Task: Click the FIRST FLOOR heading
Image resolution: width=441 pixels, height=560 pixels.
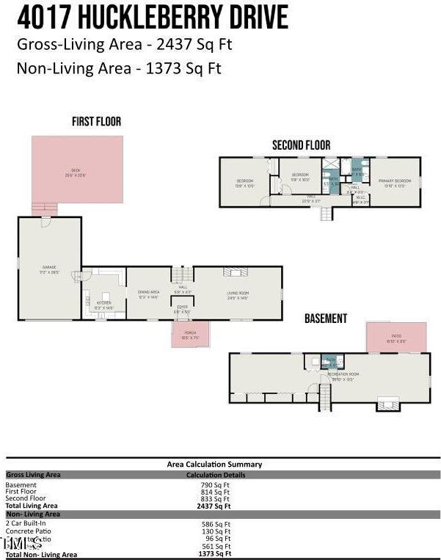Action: tap(96, 121)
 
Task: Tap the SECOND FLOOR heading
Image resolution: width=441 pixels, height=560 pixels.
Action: tap(301, 145)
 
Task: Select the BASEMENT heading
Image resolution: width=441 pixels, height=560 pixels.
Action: tap(326, 319)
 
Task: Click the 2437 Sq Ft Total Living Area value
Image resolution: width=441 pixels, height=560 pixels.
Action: tap(216, 506)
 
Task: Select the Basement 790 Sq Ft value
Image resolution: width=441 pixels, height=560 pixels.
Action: tap(216, 485)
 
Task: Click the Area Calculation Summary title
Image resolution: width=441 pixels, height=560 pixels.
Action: tap(214, 464)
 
